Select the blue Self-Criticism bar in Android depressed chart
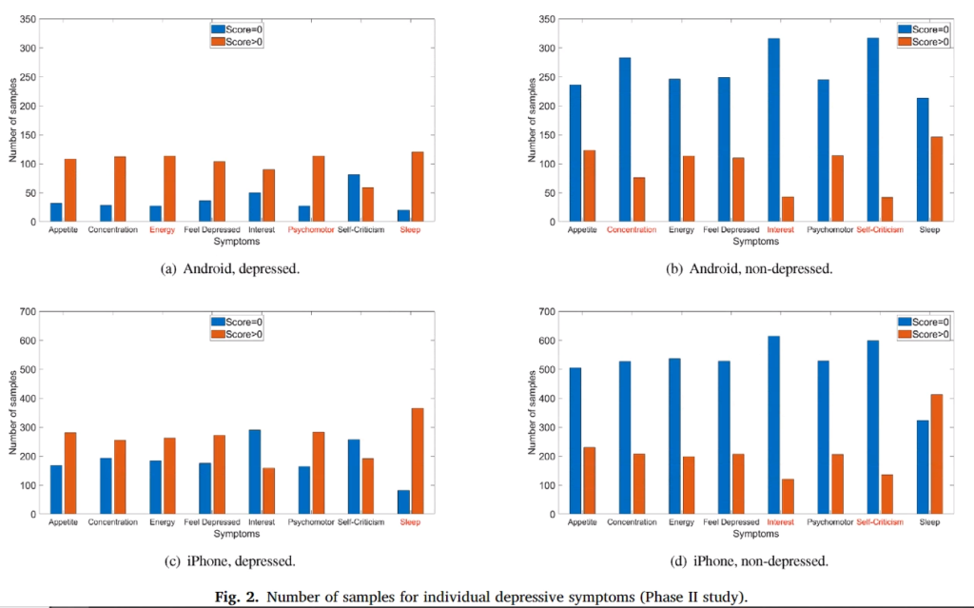(x=354, y=198)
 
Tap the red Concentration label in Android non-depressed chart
(x=631, y=230)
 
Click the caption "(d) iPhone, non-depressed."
(x=748, y=561)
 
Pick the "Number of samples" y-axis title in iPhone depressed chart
(x=13, y=413)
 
